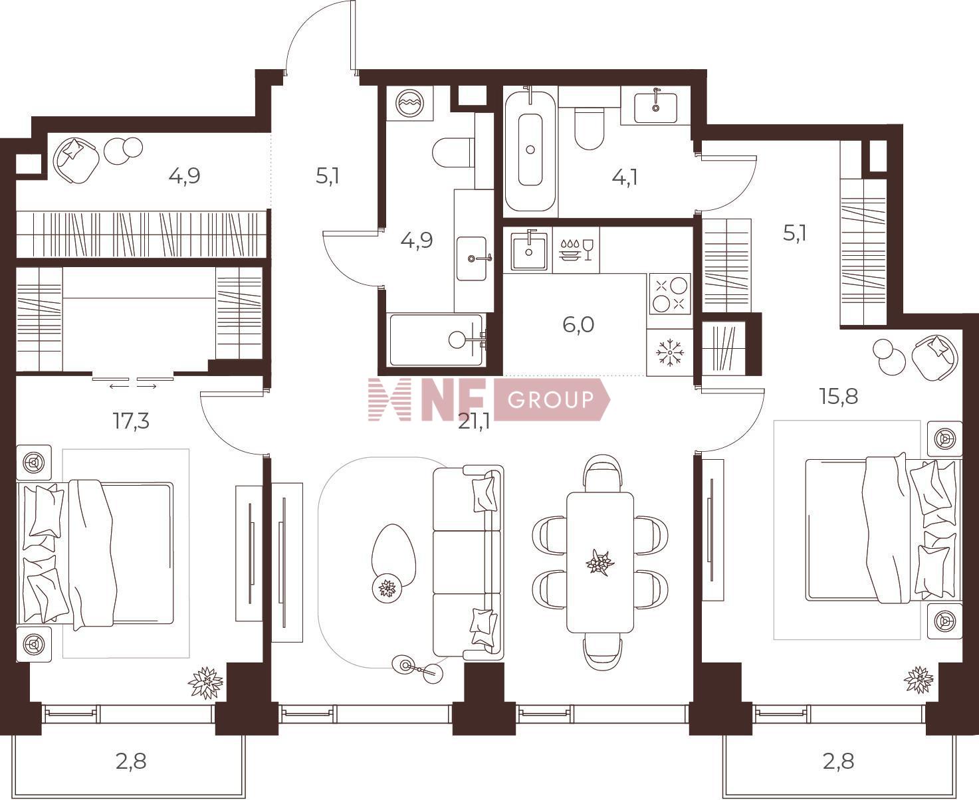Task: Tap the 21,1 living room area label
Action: pos(474,423)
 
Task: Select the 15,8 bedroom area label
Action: pos(838,396)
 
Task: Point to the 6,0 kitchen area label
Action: pos(578,325)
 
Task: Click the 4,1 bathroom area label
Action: pos(624,177)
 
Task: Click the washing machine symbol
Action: pos(409,103)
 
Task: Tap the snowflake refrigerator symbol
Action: pos(670,353)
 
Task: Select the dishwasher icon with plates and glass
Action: pos(576,250)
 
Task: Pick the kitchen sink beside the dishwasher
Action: pos(528,250)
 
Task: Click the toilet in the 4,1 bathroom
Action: pos(589,128)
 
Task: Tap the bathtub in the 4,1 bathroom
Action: pos(530,150)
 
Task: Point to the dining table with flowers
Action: pos(600,562)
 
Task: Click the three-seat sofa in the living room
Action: pos(468,562)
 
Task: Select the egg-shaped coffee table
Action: pos(393,557)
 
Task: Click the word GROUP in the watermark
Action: pos(550,399)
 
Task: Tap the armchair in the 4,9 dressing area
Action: pos(76,160)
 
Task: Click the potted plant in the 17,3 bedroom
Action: pos(205,682)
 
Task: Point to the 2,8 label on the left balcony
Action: pos(131,761)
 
